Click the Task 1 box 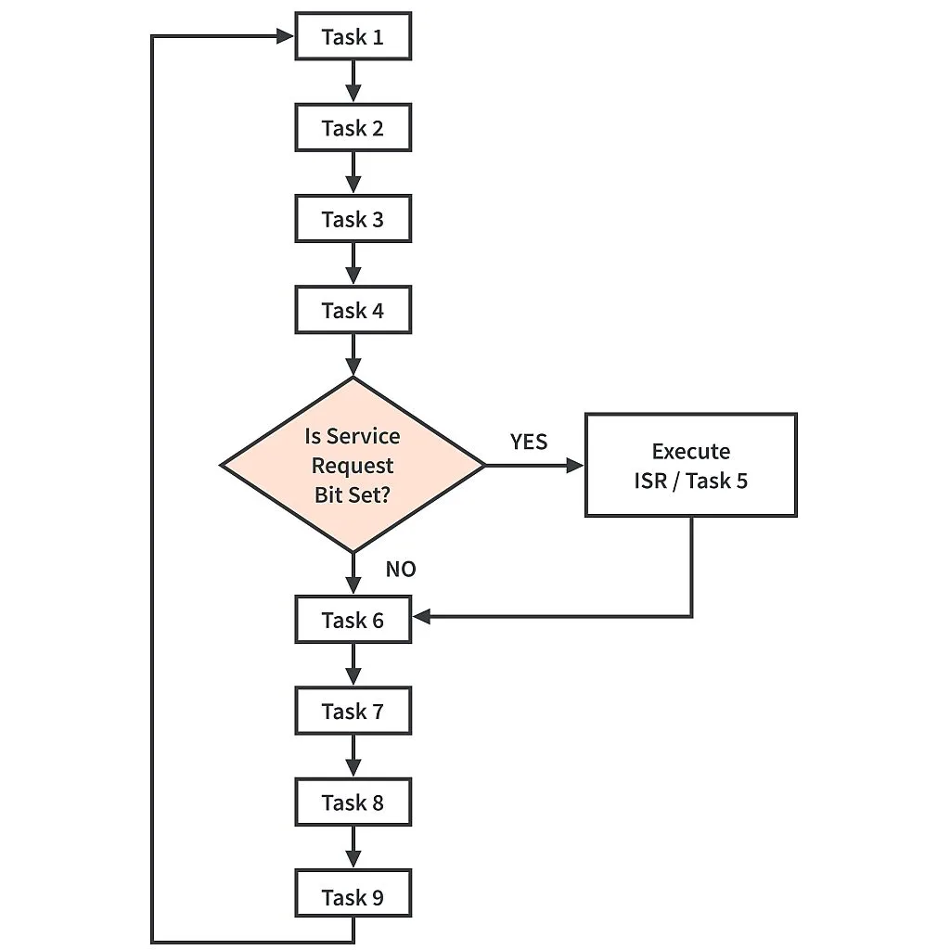coord(353,37)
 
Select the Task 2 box coord(353,128)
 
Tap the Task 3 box coord(353,219)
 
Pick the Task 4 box coord(353,310)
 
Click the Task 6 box coord(353,620)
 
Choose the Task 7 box coord(353,711)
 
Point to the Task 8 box coord(353,802)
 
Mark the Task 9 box coord(353,896)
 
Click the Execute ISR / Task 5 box coord(690,465)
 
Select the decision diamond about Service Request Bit coord(353,465)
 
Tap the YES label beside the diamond coord(529,442)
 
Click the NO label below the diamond coord(401,569)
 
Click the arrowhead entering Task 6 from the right coord(421,616)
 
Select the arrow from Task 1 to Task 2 coord(353,82)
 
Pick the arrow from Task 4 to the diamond coord(353,354)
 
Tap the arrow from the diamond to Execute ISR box coord(533,465)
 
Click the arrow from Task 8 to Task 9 coord(353,848)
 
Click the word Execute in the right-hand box coord(690,452)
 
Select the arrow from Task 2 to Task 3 coord(353,173)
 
